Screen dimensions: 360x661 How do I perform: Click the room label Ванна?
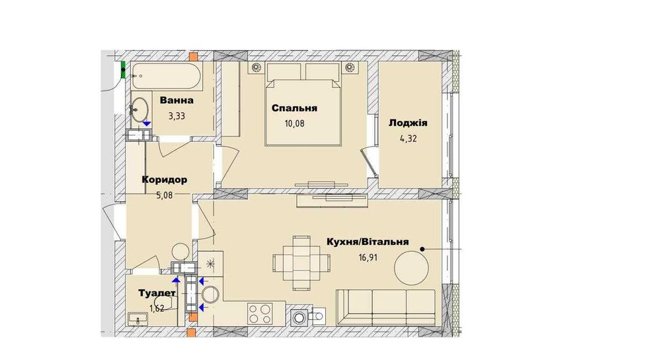click(176, 101)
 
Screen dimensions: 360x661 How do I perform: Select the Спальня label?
click(295, 108)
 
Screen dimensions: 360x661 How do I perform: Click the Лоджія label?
click(408, 124)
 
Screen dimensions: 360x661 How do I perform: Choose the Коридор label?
click(164, 179)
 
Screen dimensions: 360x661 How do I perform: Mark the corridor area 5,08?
click(169, 194)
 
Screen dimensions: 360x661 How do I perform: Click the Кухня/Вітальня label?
click(368, 242)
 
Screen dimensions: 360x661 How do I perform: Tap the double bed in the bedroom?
click(303, 109)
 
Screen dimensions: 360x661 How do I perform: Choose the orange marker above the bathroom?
click(193, 56)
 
